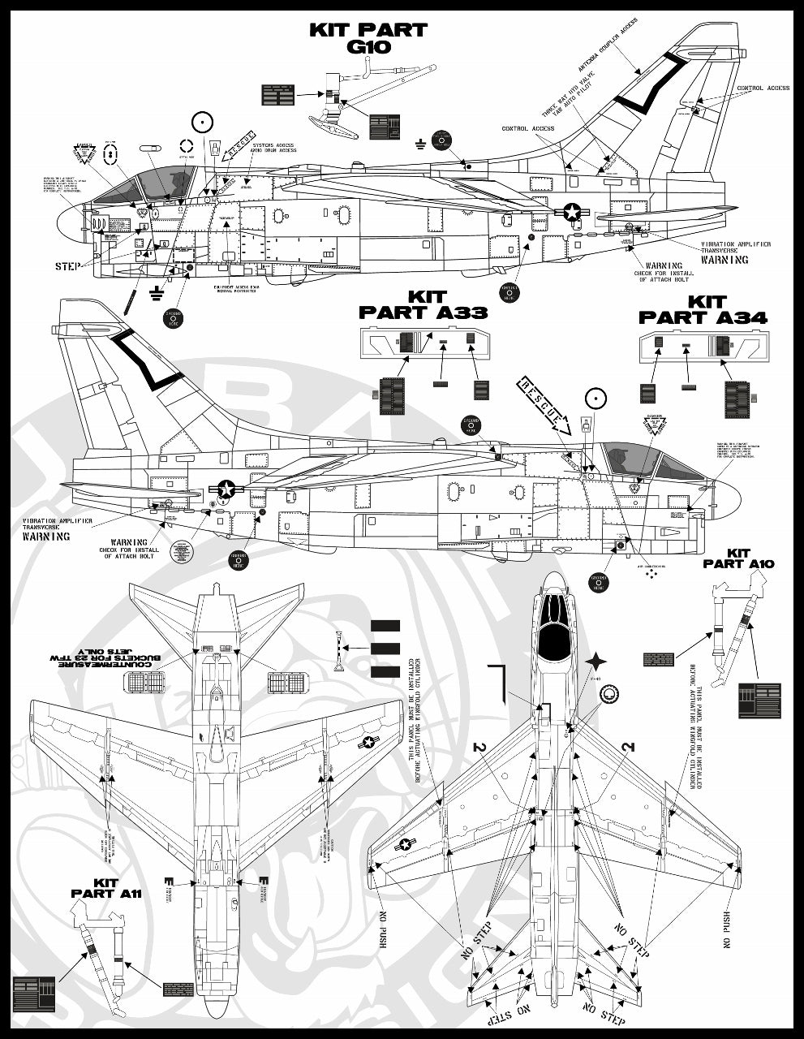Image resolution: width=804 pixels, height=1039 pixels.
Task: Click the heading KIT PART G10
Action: click(x=368, y=38)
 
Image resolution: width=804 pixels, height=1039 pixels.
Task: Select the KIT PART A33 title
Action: click(x=423, y=304)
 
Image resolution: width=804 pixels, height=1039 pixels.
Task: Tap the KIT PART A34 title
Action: click(x=703, y=310)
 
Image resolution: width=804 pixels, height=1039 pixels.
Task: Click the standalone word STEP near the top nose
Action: click(x=67, y=266)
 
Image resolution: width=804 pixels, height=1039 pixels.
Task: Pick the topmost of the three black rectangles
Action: click(x=385, y=626)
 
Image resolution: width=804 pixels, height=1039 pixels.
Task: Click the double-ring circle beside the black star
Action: click(x=610, y=694)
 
